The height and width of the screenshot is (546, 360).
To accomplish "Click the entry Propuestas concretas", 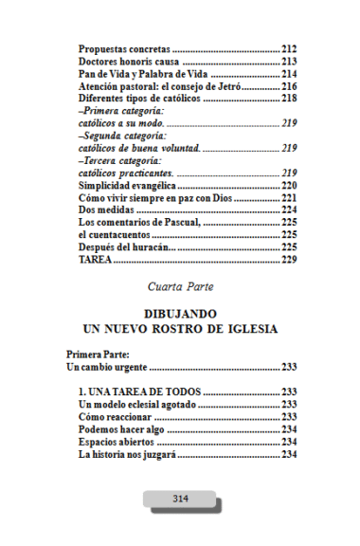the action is click(x=124, y=48).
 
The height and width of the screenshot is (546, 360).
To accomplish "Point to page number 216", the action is click(x=290, y=85).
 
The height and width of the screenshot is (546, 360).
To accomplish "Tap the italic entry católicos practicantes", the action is click(x=125, y=173).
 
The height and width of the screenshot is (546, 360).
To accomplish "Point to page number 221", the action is click(x=290, y=198).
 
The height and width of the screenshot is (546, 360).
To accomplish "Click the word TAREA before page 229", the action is click(x=96, y=259).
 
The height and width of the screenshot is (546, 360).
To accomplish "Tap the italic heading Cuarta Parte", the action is click(x=180, y=284).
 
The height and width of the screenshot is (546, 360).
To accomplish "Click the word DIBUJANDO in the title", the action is click(x=180, y=314).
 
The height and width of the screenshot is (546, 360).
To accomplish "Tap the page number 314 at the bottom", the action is click(x=180, y=498).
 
